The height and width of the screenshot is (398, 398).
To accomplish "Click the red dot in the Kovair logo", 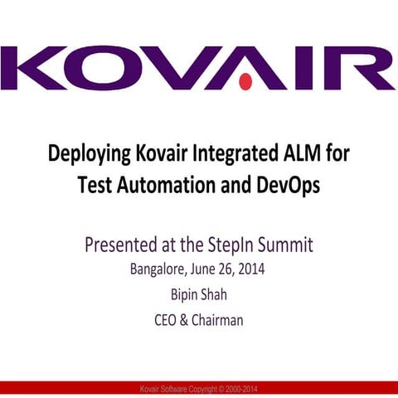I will (245, 82).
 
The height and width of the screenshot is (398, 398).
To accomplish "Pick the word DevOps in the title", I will (284, 185).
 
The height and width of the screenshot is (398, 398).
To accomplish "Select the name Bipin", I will (184, 294).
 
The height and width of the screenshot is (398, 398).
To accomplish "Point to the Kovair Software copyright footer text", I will (199, 389).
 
